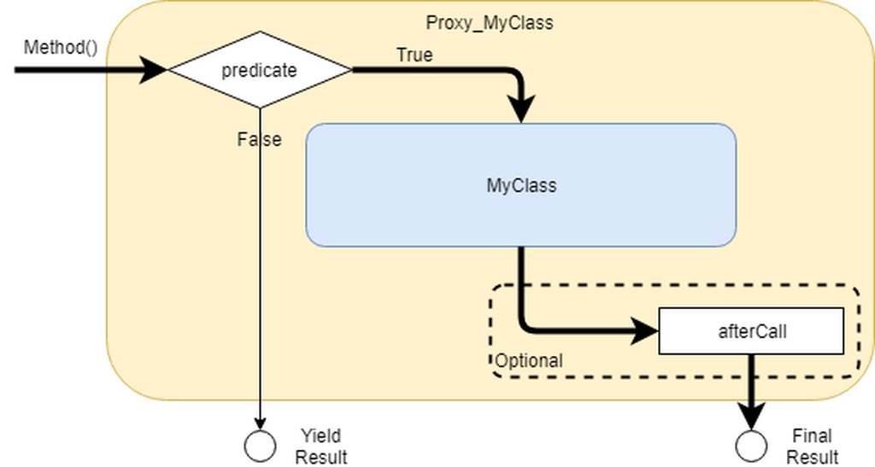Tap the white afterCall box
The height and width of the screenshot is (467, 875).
751,330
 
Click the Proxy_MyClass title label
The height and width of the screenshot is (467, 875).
489,23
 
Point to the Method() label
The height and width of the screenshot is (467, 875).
61,46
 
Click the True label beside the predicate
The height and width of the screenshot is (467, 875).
414,55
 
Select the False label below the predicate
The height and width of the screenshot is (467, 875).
259,139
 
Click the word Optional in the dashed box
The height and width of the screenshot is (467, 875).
529,361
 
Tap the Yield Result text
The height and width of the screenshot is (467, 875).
321,447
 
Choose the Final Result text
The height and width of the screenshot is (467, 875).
812,447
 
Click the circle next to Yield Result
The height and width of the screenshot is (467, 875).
260,445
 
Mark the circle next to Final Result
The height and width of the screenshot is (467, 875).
752,445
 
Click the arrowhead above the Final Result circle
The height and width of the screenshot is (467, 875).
752,417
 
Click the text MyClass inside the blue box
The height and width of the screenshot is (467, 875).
520,185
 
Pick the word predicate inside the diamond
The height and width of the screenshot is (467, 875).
259,70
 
